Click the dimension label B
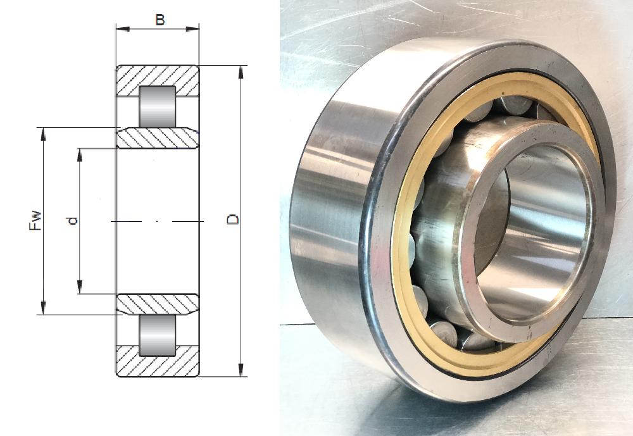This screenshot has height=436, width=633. [160, 20]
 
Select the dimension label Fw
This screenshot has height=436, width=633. [35, 220]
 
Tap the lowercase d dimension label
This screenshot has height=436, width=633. [73, 221]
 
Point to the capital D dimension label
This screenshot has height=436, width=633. [233, 219]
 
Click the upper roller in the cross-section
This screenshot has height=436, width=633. [158, 106]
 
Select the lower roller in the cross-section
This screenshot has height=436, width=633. [158, 335]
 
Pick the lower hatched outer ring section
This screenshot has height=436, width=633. [158, 362]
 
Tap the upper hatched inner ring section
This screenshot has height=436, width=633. [158, 138]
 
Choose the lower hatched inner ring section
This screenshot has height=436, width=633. [158, 304]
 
